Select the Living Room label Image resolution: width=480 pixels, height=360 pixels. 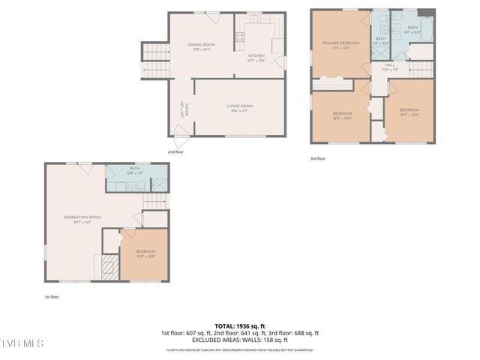pos(240,108)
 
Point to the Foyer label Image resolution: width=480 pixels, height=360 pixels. pos(183,106)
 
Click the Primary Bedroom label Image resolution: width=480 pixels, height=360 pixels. pos(341,45)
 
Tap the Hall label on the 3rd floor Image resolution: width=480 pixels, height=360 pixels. pos(390,67)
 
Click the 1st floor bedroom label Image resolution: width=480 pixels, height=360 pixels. pos(145,253)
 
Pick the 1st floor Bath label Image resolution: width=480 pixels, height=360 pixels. pos(135,170)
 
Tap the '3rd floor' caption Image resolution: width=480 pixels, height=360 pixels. pos(318,158)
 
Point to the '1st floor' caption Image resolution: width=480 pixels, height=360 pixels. pos(52,296)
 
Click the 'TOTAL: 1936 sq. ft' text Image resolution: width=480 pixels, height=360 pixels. pos(239,325)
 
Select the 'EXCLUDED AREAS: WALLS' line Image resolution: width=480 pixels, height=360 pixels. pos(239,340)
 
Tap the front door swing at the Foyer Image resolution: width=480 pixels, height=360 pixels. pos(180,137)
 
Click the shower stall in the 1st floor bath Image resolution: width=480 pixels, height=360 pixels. pos(159,183)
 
